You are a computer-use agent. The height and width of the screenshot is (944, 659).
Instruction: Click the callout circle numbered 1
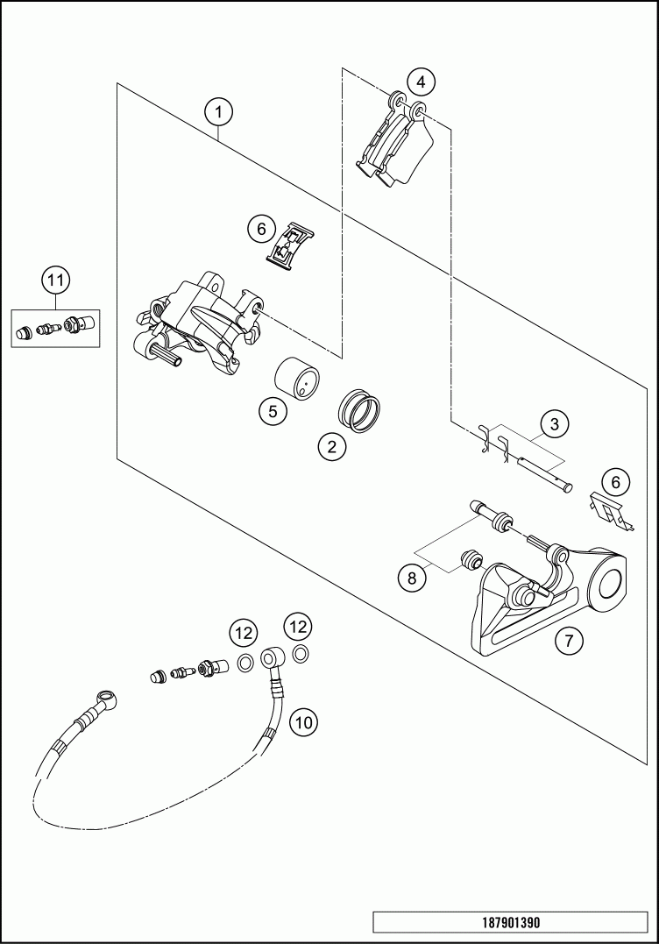[218, 112]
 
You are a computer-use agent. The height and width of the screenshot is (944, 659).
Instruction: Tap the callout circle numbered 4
[422, 82]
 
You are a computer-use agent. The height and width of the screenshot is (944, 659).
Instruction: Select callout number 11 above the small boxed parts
[55, 281]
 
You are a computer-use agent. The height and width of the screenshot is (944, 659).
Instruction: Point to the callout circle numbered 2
[331, 447]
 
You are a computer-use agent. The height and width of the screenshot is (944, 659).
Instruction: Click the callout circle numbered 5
[273, 410]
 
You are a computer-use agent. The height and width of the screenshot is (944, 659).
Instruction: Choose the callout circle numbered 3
[553, 424]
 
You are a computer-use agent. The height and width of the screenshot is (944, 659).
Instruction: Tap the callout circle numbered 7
[569, 641]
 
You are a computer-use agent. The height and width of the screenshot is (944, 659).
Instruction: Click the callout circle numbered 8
[408, 578]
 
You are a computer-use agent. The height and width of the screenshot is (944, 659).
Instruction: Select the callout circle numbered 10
[303, 722]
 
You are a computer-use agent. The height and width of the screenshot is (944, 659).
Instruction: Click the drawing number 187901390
[511, 923]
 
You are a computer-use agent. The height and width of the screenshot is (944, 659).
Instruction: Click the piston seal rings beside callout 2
[359, 408]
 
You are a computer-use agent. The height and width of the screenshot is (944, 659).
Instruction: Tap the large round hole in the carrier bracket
[607, 582]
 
